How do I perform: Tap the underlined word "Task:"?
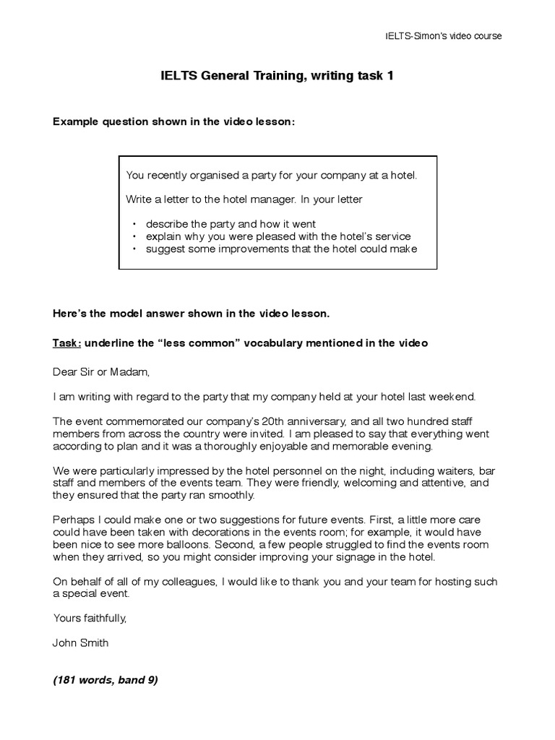tap(67, 343)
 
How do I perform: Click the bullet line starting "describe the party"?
tap(231, 224)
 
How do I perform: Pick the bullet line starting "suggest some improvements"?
tap(281, 249)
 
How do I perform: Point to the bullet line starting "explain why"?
tap(277, 236)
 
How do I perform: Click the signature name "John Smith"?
tap(82, 642)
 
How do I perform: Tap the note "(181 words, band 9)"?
tap(106, 680)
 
